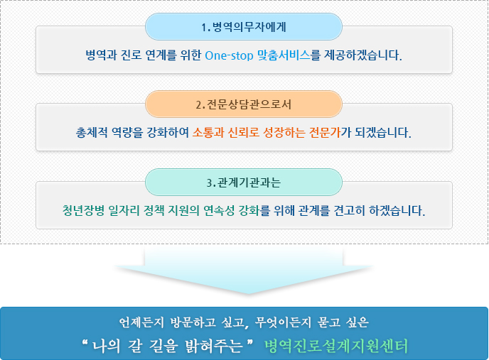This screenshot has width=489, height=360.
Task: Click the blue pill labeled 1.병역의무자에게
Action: pyautogui.click(x=244, y=27)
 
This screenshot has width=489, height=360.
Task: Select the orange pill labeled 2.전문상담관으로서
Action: pyautogui.click(x=244, y=104)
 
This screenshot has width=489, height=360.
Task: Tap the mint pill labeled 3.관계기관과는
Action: pyautogui.click(x=244, y=182)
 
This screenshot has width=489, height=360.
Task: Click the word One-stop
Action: pyautogui.click(x=229, y=55)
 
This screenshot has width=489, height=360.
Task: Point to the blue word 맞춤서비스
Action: pyautogui.click(x=284, y=55)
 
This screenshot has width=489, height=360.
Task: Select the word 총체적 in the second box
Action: pyautogui.click(x=92, y=133)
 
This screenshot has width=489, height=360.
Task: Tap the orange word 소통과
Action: pyautogui.click(x=208, y=133)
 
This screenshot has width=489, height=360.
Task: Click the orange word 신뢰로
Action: pyautogui.click(x=244, y=133)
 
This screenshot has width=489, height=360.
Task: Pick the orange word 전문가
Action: pyautogui.click(x=324, y=133)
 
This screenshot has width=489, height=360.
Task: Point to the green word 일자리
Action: pyautogui.click(x=124, y=210)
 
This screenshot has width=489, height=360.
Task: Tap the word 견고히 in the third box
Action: pyautogui.click(x=349, y=210)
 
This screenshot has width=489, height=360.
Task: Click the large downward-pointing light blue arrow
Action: pyautogui.click(x=244, y=271)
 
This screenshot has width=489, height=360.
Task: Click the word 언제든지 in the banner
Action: pyautogui.click(x=141, y=322)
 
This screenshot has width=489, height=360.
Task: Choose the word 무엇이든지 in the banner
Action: pyautogui.click(x=283, y=322)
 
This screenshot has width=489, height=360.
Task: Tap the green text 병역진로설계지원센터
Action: pyautogui.click(x=336, y=346)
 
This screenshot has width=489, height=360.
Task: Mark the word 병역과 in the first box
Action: pyautogui.click(x=101, y=55)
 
